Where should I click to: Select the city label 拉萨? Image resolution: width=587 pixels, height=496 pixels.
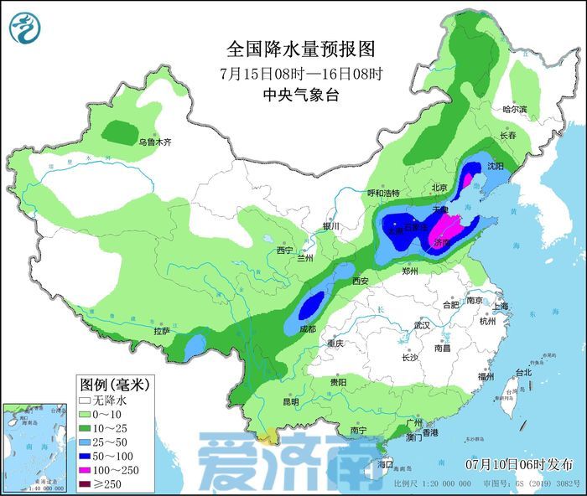162,331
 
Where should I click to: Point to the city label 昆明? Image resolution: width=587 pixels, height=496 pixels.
291,401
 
